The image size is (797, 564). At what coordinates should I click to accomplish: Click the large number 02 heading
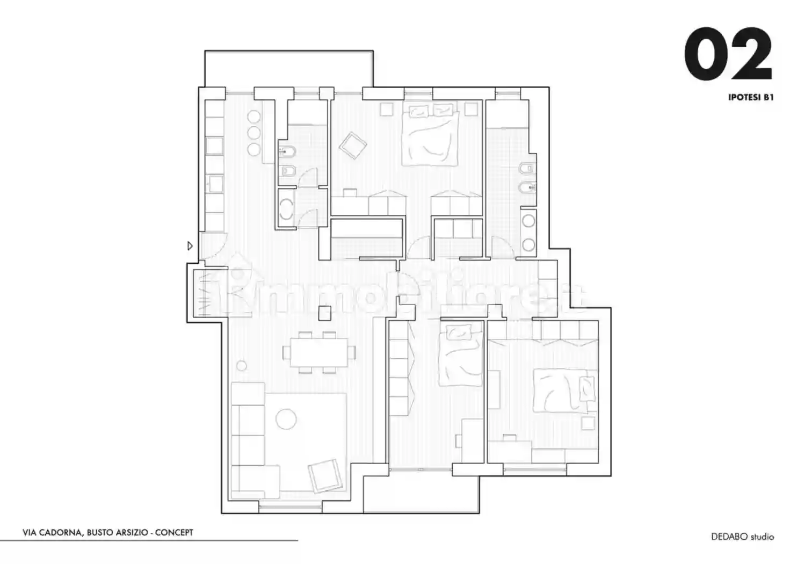[x=728, y=54]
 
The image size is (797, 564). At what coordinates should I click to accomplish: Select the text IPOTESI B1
[x=751, y=97]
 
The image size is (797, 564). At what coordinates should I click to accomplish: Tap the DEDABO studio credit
[x=743, y=537]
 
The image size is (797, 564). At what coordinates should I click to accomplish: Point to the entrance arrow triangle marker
[x=190, y=245]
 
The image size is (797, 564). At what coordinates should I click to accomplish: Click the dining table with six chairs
[x=319, y=352]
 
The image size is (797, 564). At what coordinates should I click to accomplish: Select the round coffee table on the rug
[x=286, y=419]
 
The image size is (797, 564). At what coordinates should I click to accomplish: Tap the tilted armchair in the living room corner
[x=325, y=476]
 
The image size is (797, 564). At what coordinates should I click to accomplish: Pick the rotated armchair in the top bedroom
[x=353, y=146]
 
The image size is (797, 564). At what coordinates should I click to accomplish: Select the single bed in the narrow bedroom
[x=461, y=355]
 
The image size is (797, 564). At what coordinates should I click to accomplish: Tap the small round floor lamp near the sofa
[x=242, y=365]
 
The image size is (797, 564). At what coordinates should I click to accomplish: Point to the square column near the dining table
[x=324, y=313]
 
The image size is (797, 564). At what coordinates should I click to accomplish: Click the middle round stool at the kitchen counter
[x=253, y=133]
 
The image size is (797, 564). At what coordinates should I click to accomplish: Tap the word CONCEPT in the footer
[x=174, y=533]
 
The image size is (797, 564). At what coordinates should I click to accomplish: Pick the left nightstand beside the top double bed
[x=386, y=109]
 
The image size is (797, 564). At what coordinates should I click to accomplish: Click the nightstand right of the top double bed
[x=471, y=109]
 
